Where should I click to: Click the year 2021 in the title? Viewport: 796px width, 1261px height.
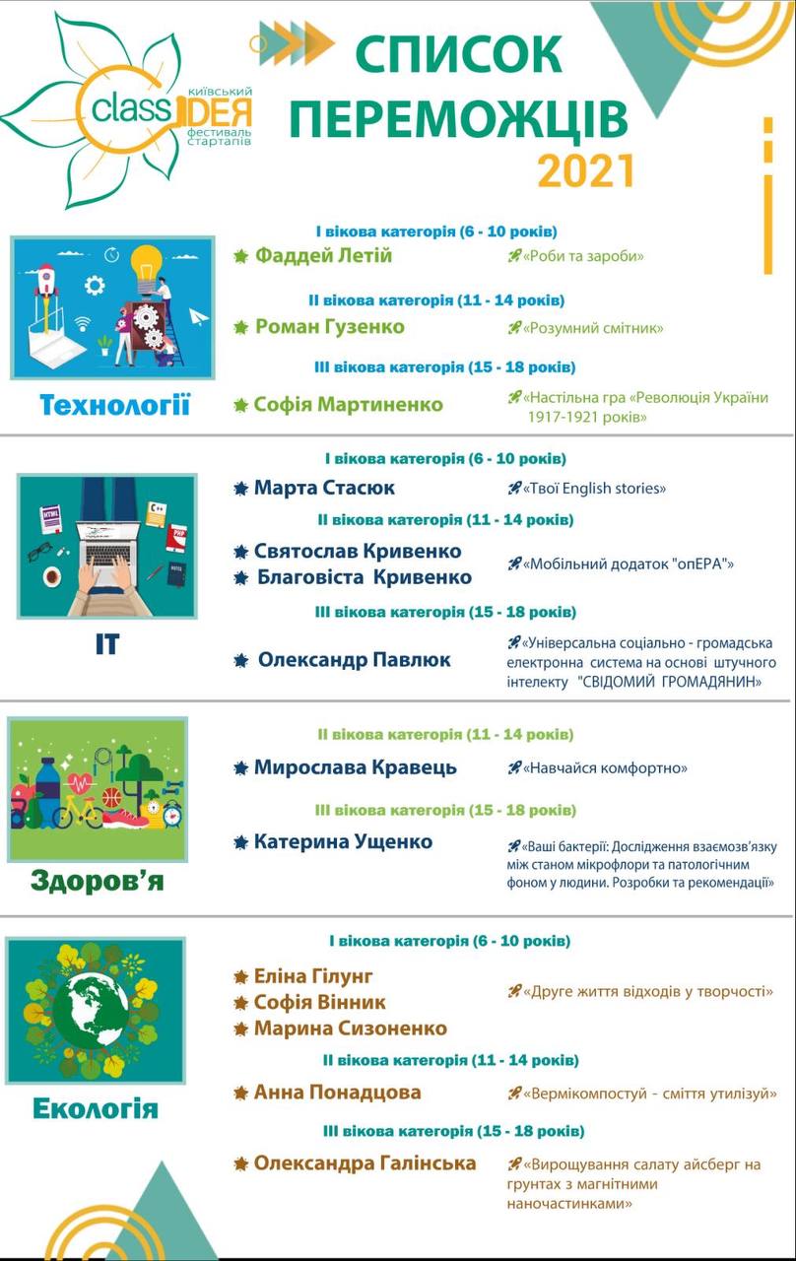tap(585, 171)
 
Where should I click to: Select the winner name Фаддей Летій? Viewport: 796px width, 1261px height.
tap(323, 256)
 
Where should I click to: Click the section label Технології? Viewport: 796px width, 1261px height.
tap(114, 405)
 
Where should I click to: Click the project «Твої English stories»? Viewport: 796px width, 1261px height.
tap(594, 489)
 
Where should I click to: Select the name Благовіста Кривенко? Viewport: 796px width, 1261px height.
tap(364, 577)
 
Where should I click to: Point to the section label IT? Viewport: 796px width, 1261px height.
tap(106, 644)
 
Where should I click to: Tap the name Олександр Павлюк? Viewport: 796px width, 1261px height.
tap(354, 660)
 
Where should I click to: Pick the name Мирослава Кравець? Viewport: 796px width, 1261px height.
tap(355, 767)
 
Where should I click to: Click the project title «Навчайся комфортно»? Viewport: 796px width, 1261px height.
tap(605, 768)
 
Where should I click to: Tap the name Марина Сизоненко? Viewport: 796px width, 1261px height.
tap(350, 1029)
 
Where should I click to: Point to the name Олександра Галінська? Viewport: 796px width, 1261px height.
tap(365, 1163)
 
